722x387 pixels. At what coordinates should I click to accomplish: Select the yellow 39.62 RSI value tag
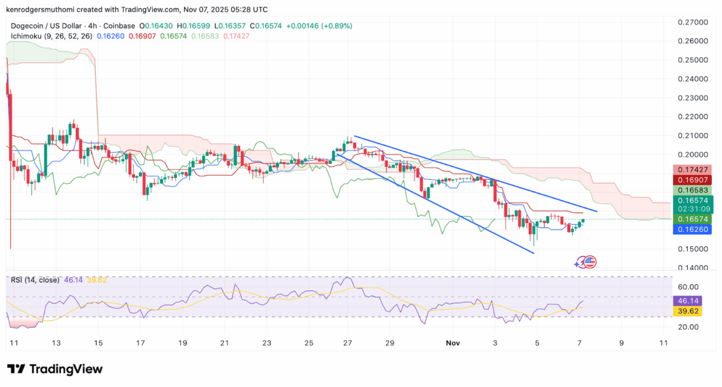(x=687, y=311)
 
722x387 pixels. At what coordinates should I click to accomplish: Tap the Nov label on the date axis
(x=453, y=343)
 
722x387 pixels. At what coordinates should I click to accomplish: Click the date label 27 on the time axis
(x=348, y=343)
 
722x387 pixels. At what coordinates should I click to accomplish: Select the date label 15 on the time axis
(x=97, y=343)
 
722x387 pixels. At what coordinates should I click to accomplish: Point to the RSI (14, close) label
(x=34, y=280)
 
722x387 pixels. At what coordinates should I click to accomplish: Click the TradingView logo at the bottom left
(x=55, y=369)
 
